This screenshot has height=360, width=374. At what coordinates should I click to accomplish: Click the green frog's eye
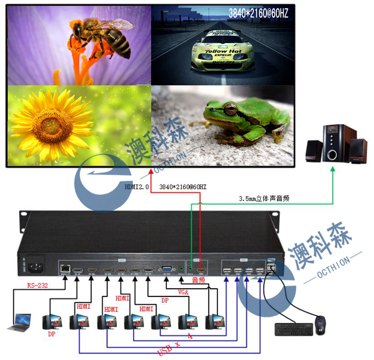tap(231, 109)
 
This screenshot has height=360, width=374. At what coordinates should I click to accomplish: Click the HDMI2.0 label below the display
tap(137, 187)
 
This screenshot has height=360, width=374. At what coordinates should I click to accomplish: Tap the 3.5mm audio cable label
tap(264, 198)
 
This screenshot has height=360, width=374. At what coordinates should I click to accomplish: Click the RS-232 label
tap(38, 286)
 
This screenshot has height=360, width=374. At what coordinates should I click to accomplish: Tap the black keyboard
tap(294, 330)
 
